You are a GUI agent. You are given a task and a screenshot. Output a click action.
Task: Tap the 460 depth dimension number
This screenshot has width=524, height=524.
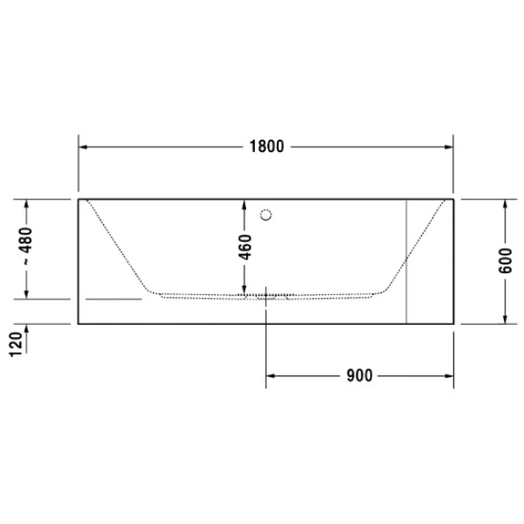(245, 247)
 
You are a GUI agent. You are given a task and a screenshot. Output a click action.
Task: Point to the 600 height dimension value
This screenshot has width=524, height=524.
(505, 260)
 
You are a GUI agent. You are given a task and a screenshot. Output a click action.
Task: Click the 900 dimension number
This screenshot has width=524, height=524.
(359, 376)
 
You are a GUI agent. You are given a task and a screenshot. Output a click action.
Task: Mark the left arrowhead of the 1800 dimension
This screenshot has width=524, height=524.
(84, 147)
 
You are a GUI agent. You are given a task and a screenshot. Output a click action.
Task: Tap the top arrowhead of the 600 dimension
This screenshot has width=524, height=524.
(505, 203)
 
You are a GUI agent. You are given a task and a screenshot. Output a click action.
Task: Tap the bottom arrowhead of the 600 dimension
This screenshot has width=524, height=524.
(505, 318)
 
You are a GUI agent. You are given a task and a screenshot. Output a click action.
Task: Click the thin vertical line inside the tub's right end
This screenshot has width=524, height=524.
(407, 262)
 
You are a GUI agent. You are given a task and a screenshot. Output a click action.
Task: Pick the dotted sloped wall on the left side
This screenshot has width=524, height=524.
(118, 245)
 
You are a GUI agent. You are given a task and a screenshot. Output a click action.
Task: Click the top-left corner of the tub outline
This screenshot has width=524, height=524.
(79, 199)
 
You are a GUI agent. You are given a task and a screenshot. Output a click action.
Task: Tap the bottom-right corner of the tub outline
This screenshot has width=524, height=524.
(453, 323)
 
